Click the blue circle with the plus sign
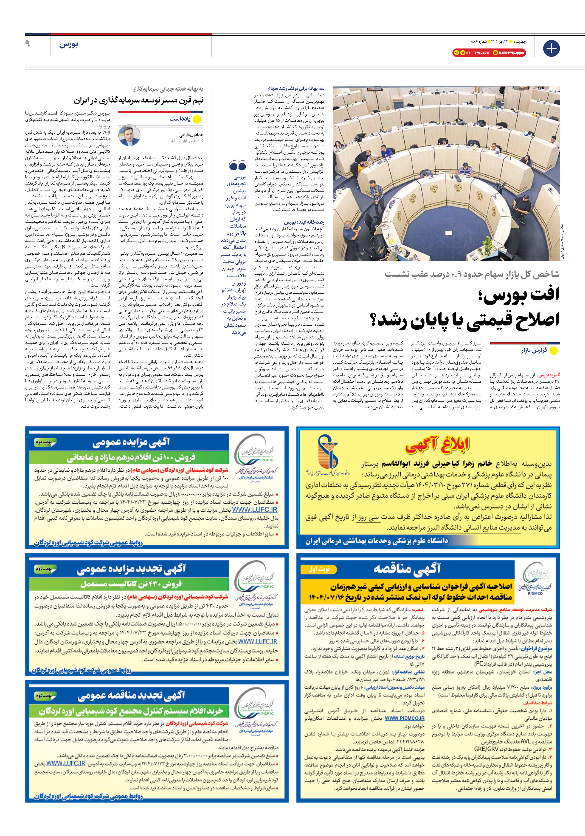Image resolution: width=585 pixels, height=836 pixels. tap(551, 48)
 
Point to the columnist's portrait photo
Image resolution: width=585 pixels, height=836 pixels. tap(130, 135)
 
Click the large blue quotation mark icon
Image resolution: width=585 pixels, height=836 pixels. tap(237, 166)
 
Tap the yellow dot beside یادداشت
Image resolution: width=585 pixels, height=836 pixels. tap(197, 119)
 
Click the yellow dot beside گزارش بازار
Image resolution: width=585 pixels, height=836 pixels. tap(553, 351)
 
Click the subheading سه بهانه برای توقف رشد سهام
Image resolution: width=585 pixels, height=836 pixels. tap(296, 88)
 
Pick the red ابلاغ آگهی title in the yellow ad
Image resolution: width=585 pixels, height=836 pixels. tap(437, 445)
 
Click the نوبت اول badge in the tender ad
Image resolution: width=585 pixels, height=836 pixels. tap(319, 569)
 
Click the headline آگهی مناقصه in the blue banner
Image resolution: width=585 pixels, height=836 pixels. tap(407, 568)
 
